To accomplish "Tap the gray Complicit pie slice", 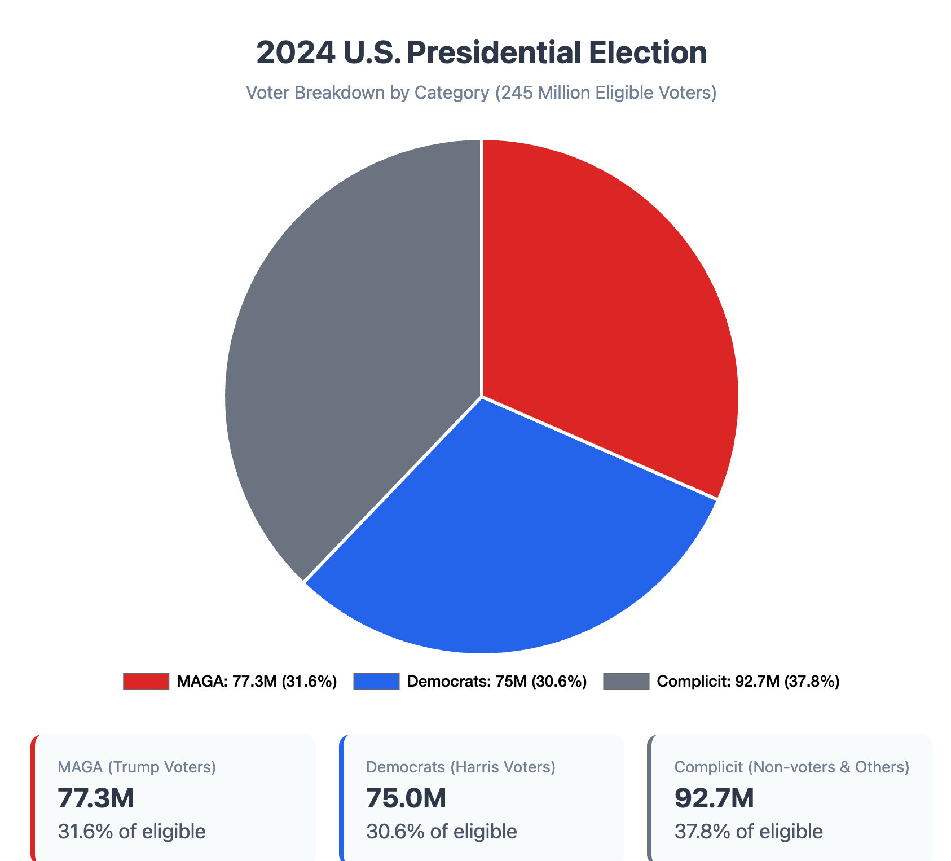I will coord(350,350).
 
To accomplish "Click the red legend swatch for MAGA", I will coord(146,682).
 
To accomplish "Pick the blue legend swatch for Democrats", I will coord(376,682).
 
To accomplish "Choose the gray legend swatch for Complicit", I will coord(626,682).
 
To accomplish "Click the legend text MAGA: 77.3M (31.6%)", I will coord(257,682).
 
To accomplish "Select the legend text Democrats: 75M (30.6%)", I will coord(496,682).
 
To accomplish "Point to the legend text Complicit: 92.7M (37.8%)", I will coord(748,682).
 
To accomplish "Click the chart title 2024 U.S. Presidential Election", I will coord(481,53).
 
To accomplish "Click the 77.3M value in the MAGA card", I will coord(96,798).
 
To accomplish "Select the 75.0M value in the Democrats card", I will coord(406,798).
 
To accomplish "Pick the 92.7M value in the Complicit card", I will coord(714,798).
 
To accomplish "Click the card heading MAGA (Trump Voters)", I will coord(137,767).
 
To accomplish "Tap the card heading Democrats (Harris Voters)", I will coord(460,767).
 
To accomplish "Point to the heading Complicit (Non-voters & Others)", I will coord(791,767).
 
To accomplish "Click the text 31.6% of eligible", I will coord(131,831).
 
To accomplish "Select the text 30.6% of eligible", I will coord(441,831).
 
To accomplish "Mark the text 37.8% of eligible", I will coord(749,831).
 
